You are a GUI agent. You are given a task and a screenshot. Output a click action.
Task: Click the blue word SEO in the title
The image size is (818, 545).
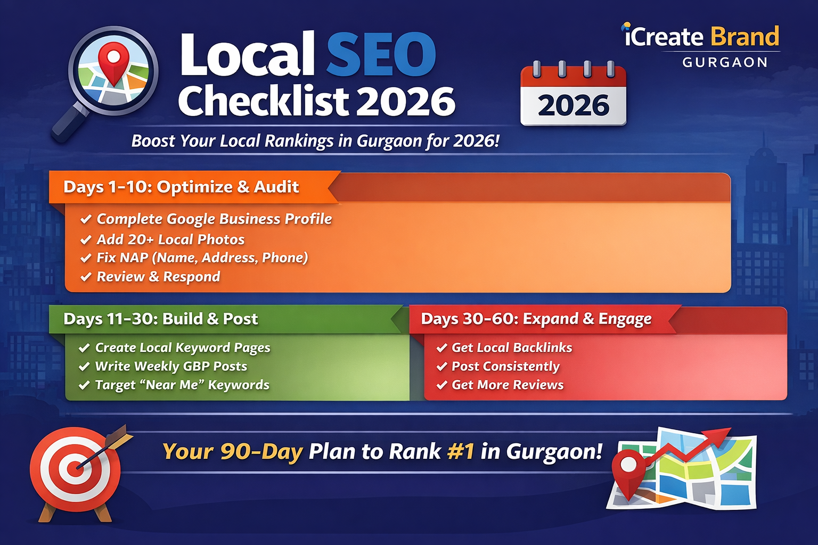pos(381,55)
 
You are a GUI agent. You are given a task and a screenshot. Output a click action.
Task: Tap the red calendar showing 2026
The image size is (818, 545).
pos(573,95)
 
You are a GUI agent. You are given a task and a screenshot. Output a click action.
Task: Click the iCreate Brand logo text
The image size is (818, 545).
pos(701,37)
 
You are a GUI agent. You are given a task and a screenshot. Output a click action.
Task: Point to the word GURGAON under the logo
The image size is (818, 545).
pos(725,63)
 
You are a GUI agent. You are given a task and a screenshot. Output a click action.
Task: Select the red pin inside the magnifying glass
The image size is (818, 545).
pos(114,61)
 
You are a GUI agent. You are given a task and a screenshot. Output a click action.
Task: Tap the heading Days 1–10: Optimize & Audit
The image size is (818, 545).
pos(181,187)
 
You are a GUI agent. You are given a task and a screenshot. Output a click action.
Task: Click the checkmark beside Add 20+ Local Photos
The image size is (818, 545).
pos(86,240)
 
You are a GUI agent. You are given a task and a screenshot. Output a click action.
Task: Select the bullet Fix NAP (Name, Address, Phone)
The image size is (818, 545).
pos(202,258)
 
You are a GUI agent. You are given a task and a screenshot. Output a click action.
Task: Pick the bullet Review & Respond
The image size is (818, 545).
pos(158,277)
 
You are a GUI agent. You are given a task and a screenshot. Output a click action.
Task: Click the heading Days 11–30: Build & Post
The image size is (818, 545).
pos(160,319)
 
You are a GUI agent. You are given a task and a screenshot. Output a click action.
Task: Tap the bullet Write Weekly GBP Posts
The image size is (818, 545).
pos(171,366)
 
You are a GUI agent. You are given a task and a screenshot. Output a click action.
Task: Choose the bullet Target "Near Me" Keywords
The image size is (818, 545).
pos(182,385)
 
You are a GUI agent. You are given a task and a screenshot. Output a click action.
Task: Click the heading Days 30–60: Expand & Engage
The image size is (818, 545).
pos(536,319)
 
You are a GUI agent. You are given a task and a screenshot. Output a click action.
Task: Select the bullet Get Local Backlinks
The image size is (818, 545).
pos(511,348)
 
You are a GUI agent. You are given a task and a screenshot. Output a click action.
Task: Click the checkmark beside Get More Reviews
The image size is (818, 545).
pos(441,385)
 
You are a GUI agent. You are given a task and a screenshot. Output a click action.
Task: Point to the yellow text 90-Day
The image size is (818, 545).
pos(261,452)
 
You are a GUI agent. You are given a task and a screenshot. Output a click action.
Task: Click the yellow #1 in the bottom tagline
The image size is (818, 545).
pos(461,452)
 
